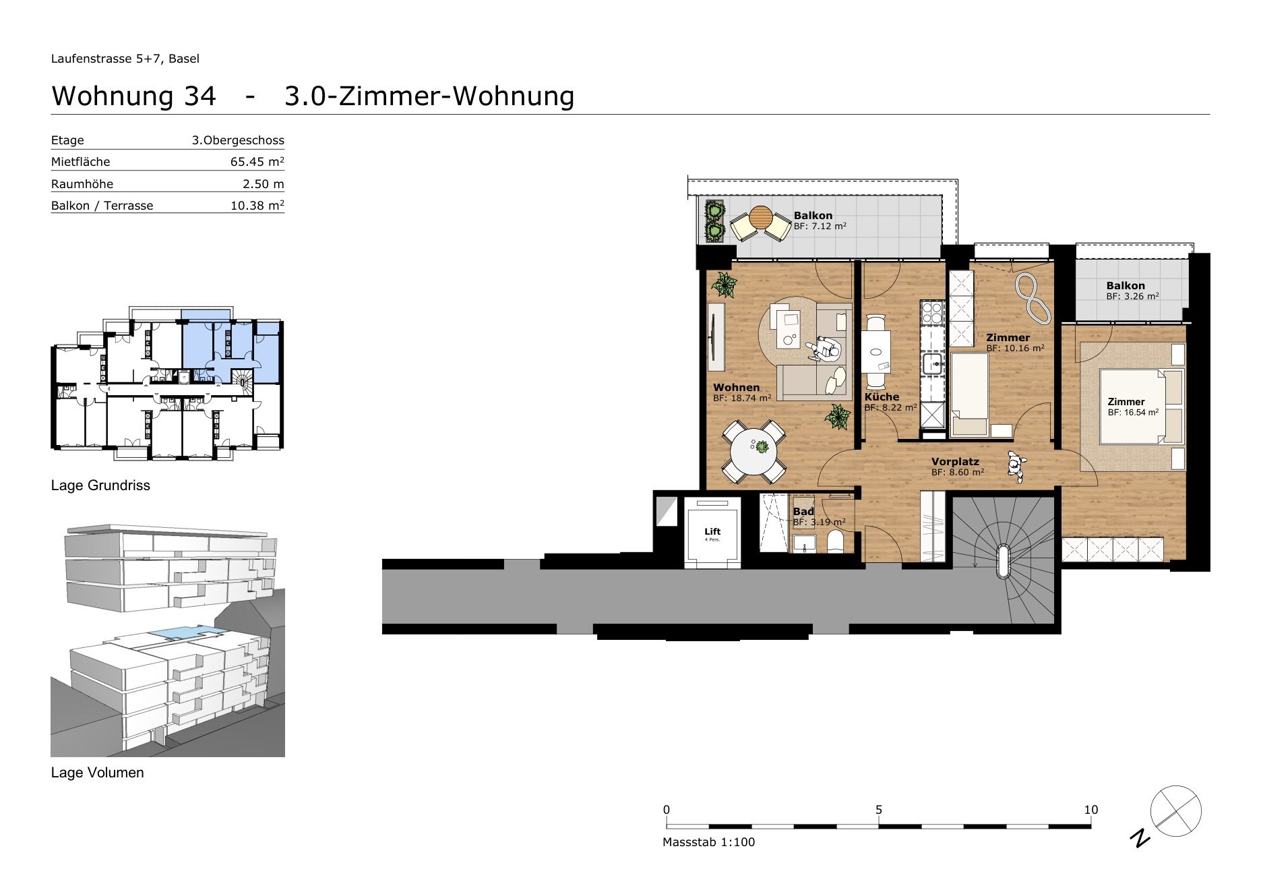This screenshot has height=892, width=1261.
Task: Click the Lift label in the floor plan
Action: [712, 532]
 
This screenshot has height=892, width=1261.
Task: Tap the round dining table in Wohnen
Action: [754, 452]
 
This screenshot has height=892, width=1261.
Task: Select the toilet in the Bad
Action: [836, 541]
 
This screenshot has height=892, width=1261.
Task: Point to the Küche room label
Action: [882, 397]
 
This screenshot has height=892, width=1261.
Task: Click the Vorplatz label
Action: [955, 462]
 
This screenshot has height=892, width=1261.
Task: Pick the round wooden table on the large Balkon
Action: [760, 218]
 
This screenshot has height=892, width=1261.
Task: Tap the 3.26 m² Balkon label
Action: [1132, 291]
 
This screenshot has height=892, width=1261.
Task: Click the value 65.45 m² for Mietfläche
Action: [257, 162]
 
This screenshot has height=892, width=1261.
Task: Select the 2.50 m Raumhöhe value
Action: [264, 184]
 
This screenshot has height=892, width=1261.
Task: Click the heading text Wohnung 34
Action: [133, 96]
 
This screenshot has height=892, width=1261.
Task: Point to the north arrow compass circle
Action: [1175, 811]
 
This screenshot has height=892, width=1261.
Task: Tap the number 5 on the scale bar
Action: [879, 810]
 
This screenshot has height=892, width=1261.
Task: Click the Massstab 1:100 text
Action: [709, 842]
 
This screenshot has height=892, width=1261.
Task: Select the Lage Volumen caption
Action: [98, 773]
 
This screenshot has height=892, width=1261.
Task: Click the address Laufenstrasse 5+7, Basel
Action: [125, 59]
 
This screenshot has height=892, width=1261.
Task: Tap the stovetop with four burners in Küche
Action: [932, 312]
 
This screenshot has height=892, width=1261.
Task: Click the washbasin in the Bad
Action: [804, 543]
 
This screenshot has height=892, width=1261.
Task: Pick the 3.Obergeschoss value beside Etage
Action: [238, 140]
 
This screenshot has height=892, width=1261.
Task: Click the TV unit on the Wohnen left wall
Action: [716, 337]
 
